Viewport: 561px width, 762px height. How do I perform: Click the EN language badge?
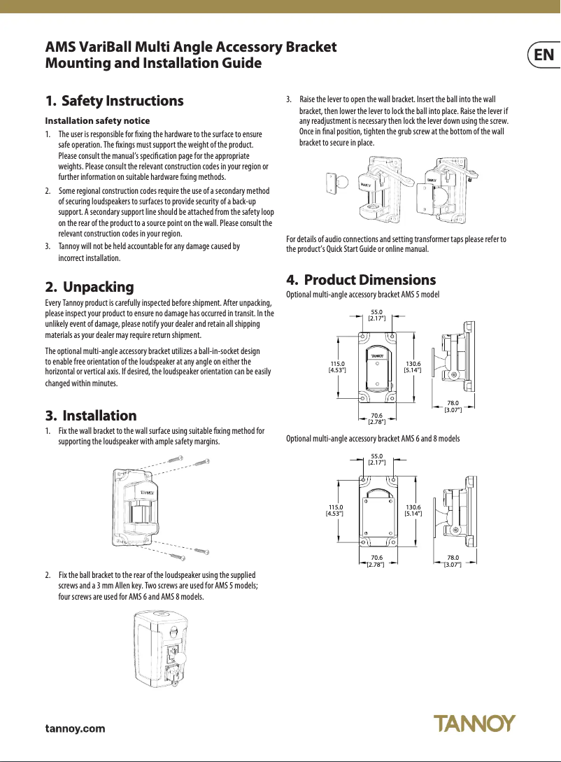tap(544, 55)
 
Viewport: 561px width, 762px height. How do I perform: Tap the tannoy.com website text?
tap(75, 728)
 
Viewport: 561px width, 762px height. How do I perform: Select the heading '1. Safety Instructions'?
tap(114, 101)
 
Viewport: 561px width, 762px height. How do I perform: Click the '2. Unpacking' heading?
tap(89, 287)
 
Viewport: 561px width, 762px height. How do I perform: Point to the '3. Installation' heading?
tap(90, 416)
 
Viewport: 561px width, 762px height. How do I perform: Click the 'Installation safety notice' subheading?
tap(97, 120)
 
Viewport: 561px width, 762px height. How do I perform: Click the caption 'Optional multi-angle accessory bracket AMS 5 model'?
tap(363, 295)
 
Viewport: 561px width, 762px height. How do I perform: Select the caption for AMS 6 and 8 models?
tap(373, 438)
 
